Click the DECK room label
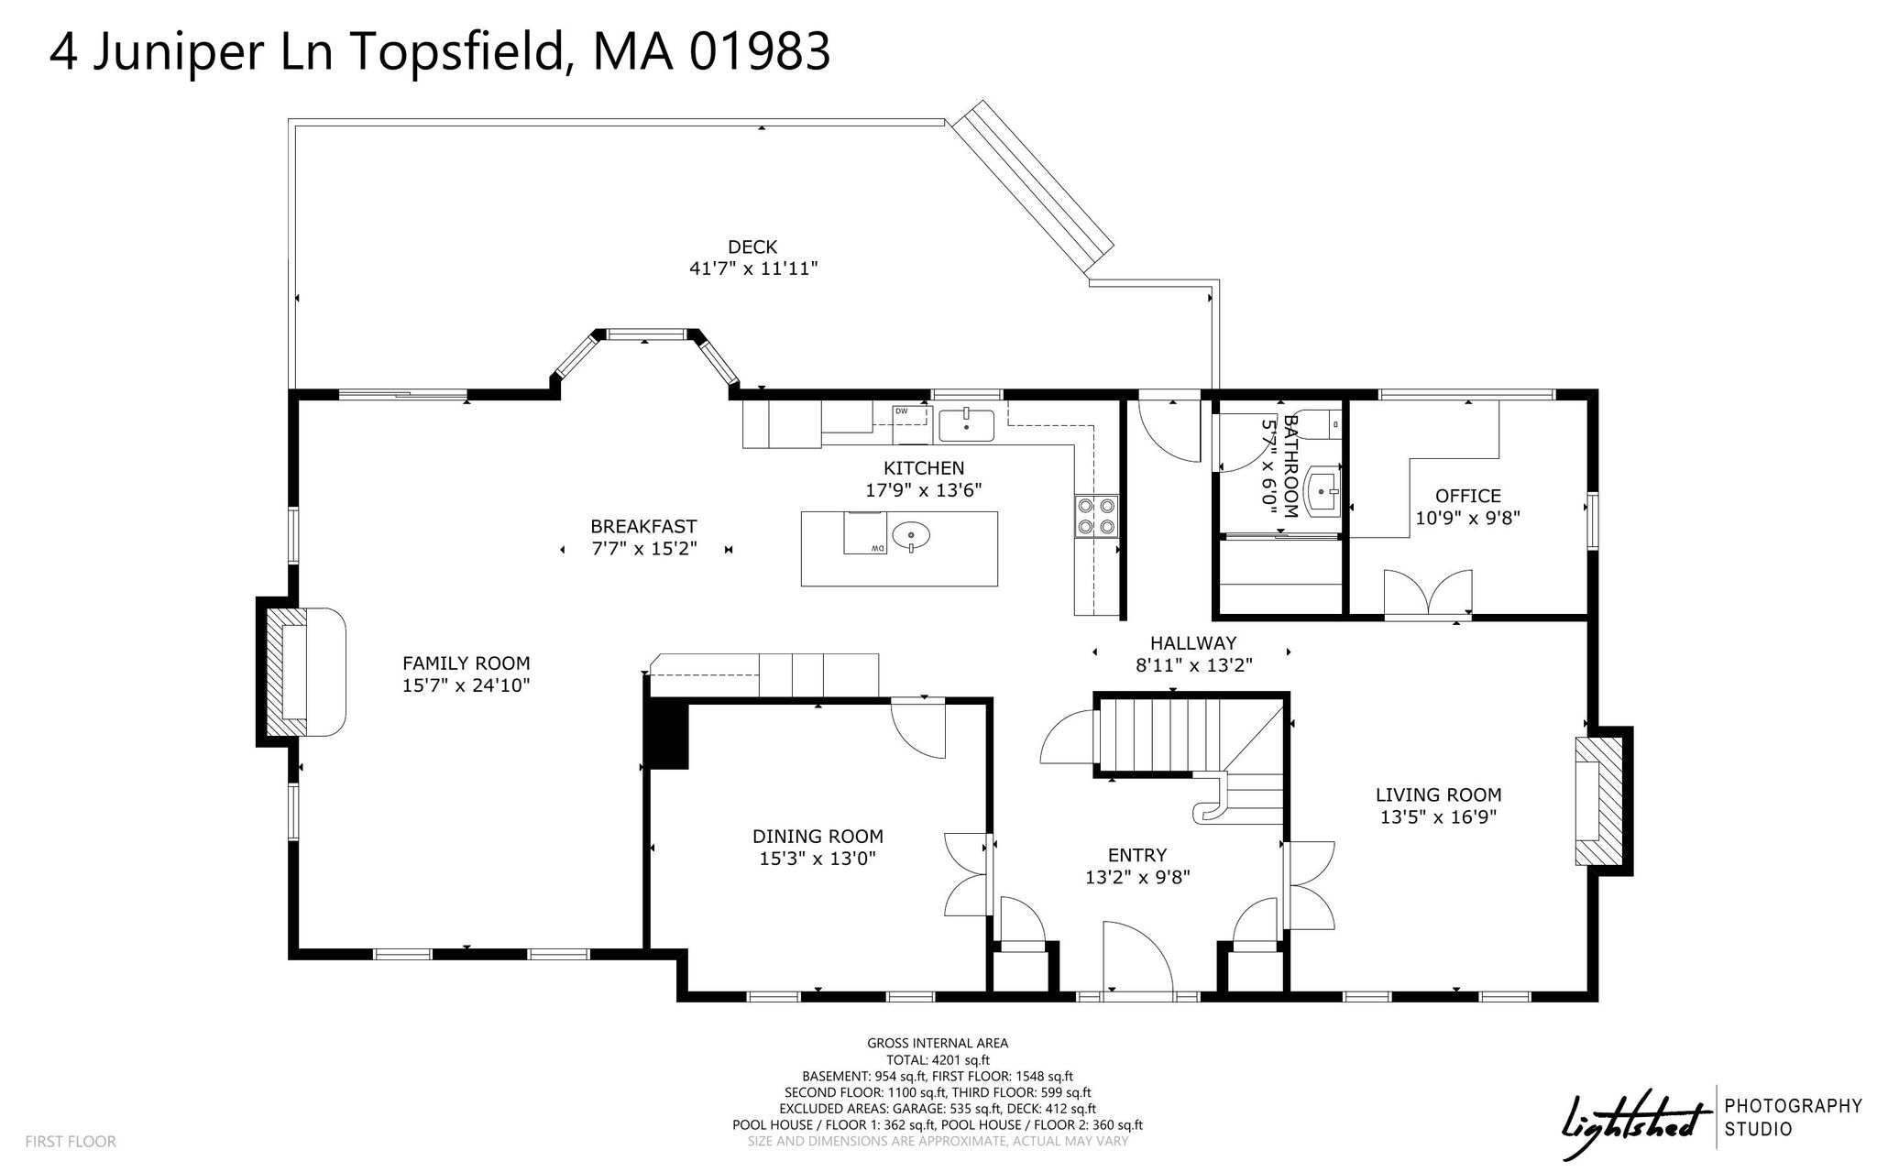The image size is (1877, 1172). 752,246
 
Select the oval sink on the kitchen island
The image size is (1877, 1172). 910,533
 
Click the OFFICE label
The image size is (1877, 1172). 1468,496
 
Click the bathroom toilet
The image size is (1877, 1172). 1323,423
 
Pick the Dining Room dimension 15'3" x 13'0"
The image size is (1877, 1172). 818,859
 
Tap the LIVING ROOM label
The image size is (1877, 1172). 1438,795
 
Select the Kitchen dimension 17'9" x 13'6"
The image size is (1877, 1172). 924,490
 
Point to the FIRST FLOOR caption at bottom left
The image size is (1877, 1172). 71,1142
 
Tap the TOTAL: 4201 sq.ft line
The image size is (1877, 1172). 938,1060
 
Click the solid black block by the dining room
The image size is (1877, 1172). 666,734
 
